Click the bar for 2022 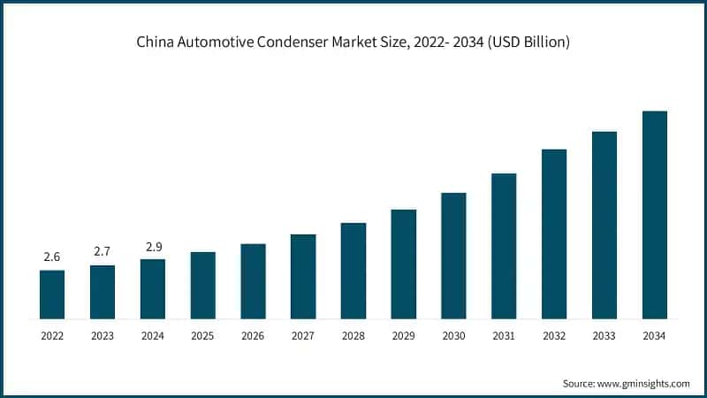pyautogui.click(x=52, y=295)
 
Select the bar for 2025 pyautogui.click(x=203, y=285)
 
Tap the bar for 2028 pyautogui.click(x=353, y=271)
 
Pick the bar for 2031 pyautogui.click(x=504, y=246)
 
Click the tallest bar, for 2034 pyautogui.click(x=654, y=215)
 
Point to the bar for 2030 pyautogui.click(x=453, y=256)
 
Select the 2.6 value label pyautogui.click(x=52, y=257)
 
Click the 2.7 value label pyautogui.click(x=103, y=252)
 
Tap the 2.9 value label pyautogui.click(x=153, y=246)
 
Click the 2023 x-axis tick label pyautogui.click(x=103, y=336)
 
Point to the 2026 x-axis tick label pyautogui.click(x=253, y=336)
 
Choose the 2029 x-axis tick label pyautogui.click(x=403, y=336)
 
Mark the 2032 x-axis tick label pyautogui.click(x=554, y=336)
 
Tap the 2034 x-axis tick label pyautogui.click(x=654, y=336)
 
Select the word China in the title pyautogui.click(x=155, y=42)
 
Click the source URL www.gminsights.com pyautogui.click(x=644, y=383)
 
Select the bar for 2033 pyautogui.click(x=604, y=225)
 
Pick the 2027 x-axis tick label pyautogui.click(x=303, y=336)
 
